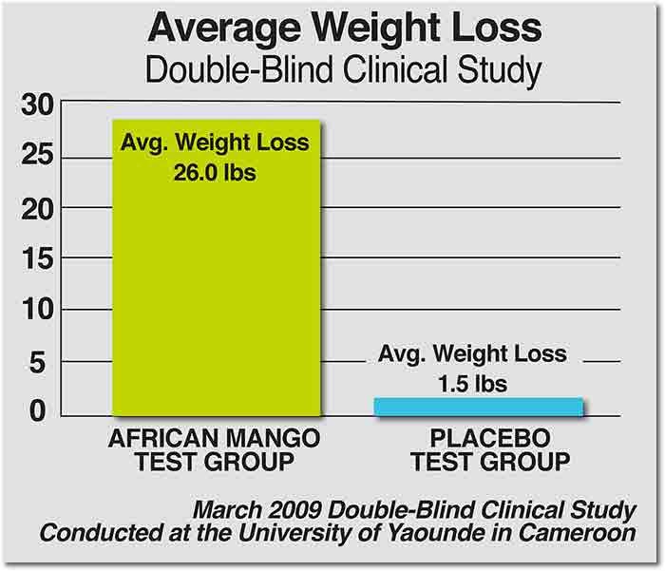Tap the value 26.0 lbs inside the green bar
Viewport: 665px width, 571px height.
click(215, 174)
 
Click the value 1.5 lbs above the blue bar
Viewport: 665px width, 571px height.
click(472, 385)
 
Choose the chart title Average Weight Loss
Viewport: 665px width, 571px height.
click(332, 29)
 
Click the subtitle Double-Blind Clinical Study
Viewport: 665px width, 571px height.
click(332, 70)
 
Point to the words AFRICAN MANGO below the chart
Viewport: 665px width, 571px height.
click(215, 440)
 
